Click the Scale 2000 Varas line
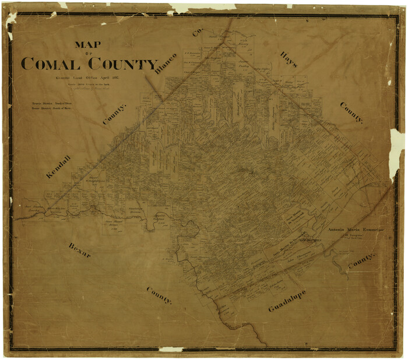88,84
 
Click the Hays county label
288,59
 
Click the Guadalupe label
287,301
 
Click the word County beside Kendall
114,114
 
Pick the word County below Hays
351,112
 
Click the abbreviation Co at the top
196,32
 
